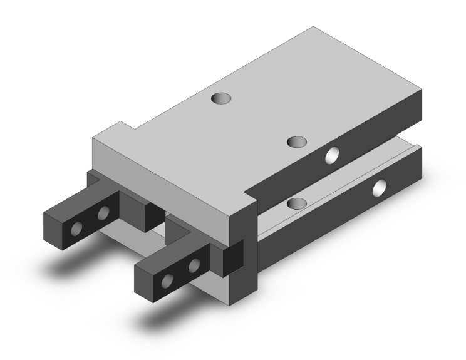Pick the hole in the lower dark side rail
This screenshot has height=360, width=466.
pos(380,187)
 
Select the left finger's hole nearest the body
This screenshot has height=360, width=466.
pos(103,215)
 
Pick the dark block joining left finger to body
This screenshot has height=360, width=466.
pos(135,206)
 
